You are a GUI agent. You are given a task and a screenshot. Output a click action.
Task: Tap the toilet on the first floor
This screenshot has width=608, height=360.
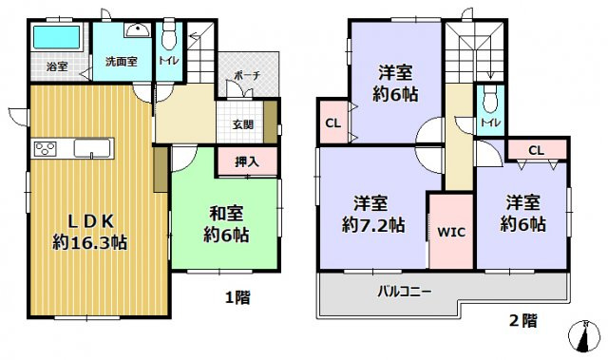click(169, 39)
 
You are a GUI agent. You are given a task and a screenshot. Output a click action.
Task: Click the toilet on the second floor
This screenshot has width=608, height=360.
click(490, 100)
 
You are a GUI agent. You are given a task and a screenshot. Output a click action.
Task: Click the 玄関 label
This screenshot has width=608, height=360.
click(243, 123)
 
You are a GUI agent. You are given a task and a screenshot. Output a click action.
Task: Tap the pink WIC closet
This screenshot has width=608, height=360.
click(450, 232)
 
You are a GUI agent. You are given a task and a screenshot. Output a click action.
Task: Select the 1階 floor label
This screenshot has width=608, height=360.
click(237, 298)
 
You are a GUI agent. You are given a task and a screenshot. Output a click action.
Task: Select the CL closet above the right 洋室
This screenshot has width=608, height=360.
click(536, 149)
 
